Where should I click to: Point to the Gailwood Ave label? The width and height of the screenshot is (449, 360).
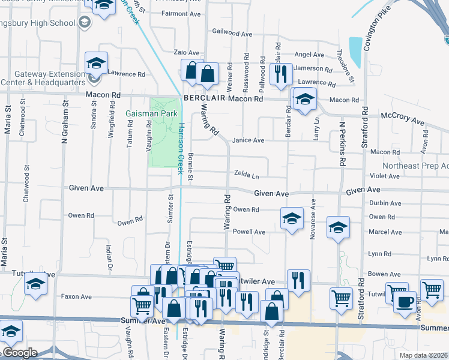coord(232,34)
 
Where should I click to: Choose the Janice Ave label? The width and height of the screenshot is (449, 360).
coord(249,140)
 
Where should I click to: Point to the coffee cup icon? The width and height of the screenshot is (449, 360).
coord(405,301)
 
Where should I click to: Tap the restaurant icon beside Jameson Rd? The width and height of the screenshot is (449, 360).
coord(281,74)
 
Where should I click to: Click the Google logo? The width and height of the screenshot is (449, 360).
coord(19,353)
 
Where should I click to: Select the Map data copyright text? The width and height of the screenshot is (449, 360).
coord(423,355)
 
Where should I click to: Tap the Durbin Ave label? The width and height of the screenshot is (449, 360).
coord(385,203)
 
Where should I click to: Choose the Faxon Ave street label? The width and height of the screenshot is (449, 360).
coord(76,296)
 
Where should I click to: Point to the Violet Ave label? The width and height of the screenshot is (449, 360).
coord(385,176)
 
